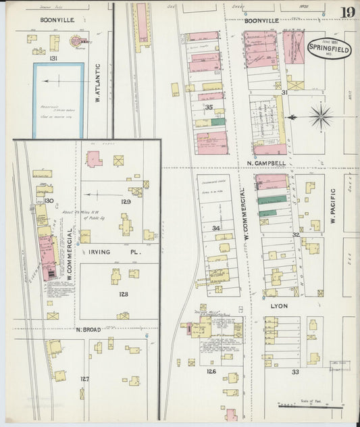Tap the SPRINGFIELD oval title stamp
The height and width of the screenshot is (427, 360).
330,48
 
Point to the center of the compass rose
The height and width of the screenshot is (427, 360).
321,116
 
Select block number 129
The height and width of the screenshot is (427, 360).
125,202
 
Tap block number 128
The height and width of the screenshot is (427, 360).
124,295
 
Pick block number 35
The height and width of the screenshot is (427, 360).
209,107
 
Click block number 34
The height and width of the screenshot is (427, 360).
216,228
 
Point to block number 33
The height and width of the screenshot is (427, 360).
295,372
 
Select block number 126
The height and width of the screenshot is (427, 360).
211,371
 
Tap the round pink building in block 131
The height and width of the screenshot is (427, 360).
74,42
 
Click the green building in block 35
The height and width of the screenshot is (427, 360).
218,122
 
